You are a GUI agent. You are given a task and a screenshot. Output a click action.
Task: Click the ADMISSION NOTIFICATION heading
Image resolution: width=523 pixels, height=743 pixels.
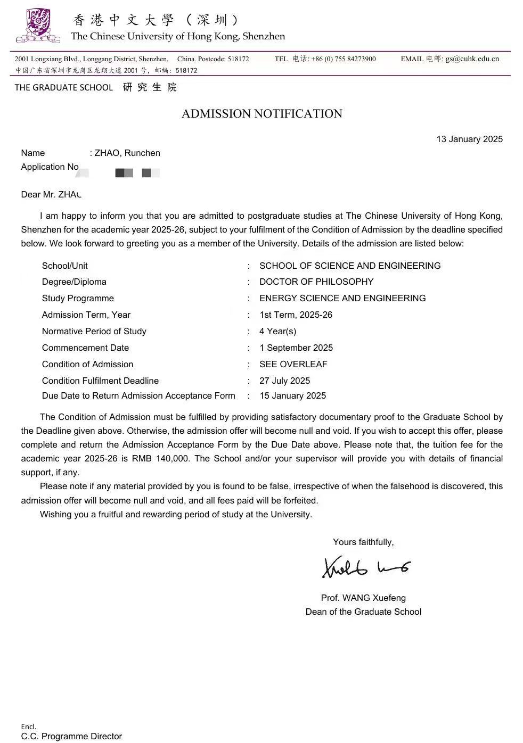tap(261, 113)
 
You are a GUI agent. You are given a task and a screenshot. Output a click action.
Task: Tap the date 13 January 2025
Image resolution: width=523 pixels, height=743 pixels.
tap(469, 139)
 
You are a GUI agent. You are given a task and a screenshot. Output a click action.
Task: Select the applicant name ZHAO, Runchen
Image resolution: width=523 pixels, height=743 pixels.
tap(127, 153)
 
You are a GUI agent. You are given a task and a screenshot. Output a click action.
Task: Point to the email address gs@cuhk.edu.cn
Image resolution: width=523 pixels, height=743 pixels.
tap(472, 59)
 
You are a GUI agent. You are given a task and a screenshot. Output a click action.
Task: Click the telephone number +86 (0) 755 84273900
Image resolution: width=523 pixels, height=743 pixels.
tap(344, 59)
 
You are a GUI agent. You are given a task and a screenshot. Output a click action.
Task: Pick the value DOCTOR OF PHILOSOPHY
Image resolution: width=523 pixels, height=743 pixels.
tap(316, 282)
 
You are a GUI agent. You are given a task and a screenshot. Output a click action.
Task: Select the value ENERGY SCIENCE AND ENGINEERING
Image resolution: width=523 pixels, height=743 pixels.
tap(342, 298)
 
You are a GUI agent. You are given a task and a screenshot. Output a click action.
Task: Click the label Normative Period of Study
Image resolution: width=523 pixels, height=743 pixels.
tap(94, 331)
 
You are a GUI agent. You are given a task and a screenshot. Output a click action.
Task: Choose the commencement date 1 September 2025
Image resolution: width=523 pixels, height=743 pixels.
tap(296, 348)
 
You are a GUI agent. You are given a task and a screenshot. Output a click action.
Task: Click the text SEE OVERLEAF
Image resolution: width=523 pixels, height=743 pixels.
tap(293, 364)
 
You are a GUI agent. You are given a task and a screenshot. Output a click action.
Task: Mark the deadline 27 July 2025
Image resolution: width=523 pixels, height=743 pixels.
tap(284, 381)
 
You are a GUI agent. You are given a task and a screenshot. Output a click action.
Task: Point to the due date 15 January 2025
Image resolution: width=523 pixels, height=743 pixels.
tap(292, 395)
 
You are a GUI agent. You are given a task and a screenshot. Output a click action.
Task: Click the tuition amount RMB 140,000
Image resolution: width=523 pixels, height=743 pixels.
tap(160, 458)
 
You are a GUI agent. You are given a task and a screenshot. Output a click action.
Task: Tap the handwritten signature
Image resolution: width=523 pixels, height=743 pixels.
tap(366, 567)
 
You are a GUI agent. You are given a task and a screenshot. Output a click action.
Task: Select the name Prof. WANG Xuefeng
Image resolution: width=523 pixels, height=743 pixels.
tap(363, 598)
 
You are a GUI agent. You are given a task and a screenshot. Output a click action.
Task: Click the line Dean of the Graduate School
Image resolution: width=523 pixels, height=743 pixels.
tap(363, 612)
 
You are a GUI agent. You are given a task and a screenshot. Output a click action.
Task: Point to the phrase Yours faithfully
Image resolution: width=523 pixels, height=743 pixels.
tap(363, 542)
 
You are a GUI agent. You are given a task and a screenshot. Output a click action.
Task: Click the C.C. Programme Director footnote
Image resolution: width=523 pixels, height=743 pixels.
tap(71, 736)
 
